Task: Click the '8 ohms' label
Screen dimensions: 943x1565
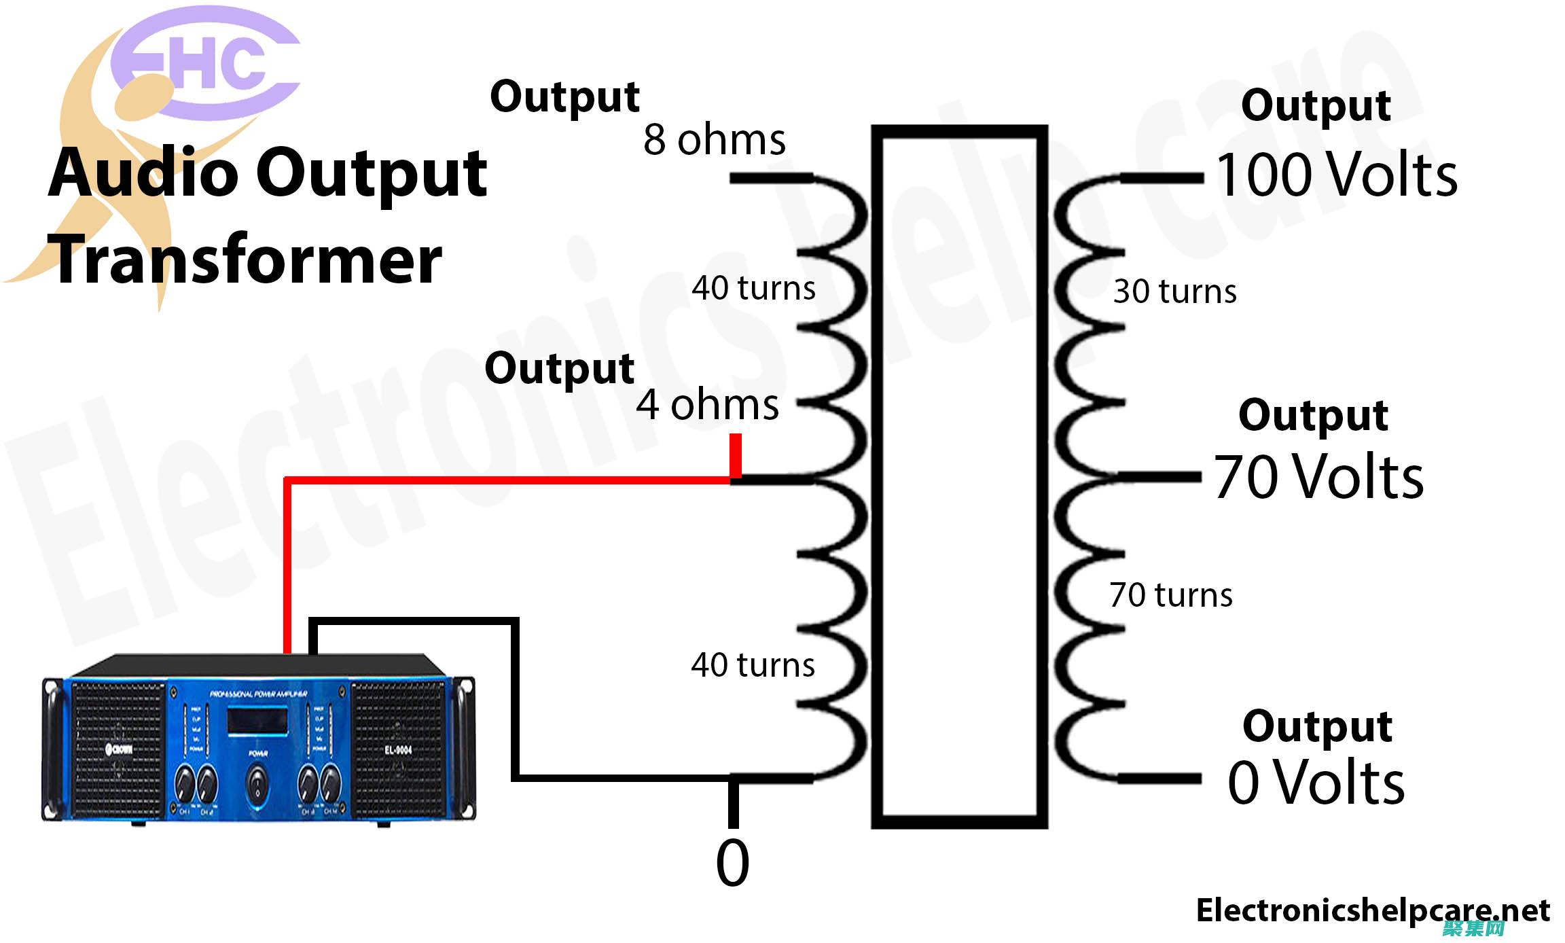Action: click(714, 140)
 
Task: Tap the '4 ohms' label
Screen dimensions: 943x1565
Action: click(707, 405)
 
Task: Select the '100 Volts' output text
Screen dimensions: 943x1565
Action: click(1336, 175)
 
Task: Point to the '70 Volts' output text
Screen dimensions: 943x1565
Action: click(1318, 477)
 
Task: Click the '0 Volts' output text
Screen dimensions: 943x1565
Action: click(1316, 783)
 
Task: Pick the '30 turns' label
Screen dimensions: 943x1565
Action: click(1174, 291)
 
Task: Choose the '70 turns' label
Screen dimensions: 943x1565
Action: click(1170, 595)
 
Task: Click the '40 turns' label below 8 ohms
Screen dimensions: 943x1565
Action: click(753, 288)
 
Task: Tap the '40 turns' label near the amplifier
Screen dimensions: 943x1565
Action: click(753, 665)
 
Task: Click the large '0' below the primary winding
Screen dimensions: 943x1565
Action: click(732, 863)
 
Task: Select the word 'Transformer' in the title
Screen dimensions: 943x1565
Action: click(248, 260)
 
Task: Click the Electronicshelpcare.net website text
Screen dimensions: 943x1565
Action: click(1373, 910)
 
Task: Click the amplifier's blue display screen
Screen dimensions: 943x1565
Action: click(257, 721)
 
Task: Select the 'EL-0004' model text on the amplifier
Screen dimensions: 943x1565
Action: click(398, 750)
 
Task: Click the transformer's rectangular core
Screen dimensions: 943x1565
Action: click(959, 476)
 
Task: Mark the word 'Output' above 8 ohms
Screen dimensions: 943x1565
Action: click(564, 97)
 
